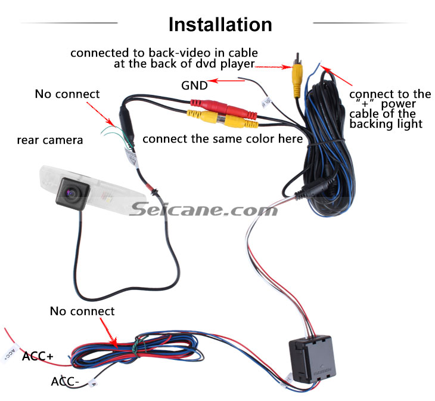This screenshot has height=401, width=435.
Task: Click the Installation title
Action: coord(220,24)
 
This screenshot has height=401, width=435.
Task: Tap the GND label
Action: coord(194,85)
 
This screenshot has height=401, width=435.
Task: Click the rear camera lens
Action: coord(72,193)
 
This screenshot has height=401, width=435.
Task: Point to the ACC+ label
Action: coord(38,356)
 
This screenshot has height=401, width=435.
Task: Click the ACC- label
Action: coord(65,381)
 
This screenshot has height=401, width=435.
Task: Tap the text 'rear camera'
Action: coord(50,140)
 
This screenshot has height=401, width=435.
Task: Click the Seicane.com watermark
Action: coord(204,209)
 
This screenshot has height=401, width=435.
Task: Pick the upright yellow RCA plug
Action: coord(297,78)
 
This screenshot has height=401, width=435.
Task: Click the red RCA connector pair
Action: coord(223,109)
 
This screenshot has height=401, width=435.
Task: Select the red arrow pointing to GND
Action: coord(226,81)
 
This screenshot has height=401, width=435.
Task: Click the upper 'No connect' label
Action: coord(67,94)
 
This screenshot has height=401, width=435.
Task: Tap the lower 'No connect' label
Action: coord(82,311)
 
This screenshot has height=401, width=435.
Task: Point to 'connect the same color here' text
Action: coord(222,139)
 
